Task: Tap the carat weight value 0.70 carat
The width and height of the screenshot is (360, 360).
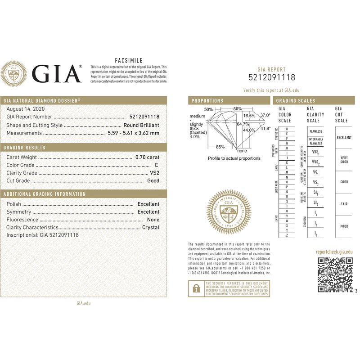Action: point(147,157)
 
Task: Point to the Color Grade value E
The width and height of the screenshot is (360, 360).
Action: point(157,165)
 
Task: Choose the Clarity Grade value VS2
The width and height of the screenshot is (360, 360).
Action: point(154,173)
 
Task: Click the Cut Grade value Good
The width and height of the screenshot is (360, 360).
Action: point(153,180)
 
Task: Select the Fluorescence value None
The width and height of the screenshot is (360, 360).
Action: point(153,219)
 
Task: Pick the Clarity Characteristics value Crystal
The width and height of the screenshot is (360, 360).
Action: point(151,227)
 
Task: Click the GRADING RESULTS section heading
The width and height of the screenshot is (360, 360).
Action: point(24,148)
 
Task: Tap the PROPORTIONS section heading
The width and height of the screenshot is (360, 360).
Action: point(207,101)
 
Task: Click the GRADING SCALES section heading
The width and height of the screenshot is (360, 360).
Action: point(296,101)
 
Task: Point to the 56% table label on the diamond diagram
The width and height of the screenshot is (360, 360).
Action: point(238,109)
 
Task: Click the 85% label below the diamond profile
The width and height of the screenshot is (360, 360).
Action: point(220,147)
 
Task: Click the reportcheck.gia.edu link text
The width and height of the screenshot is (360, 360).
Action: point(334,252)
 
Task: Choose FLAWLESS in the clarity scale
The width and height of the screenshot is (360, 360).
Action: point(316,131)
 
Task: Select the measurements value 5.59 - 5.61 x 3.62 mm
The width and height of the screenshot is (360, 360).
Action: point(133,133)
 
